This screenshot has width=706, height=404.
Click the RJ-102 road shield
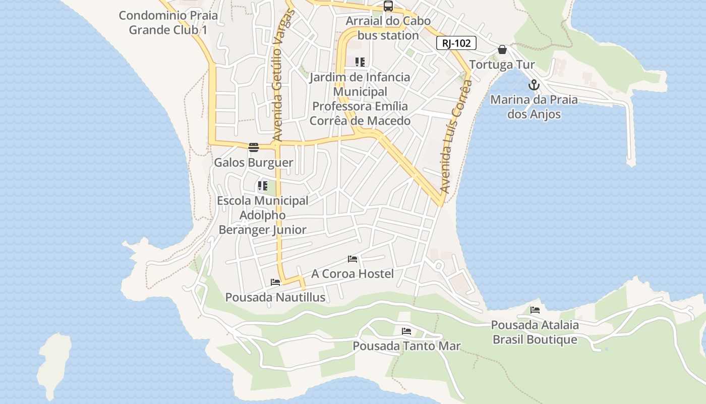point(456,43)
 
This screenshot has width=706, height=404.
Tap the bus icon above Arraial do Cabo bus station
point(388,7)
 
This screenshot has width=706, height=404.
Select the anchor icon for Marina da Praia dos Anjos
point(534,85)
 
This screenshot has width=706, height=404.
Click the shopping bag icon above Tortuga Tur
point(502,49)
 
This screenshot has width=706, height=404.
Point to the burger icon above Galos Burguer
point(253,147)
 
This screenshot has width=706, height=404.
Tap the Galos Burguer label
point(253,163)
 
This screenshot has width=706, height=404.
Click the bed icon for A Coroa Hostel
point(352,259)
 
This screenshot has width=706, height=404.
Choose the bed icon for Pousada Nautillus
point(275,282)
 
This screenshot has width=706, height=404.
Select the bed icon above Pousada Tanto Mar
point(406,331)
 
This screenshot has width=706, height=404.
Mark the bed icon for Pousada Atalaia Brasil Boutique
point(535,310)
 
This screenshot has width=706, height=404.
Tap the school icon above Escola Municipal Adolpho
point(262,185)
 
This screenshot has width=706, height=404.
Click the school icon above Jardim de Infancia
point(360,62)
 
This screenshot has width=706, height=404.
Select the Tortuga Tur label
point(502,65)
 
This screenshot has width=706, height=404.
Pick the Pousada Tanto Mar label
point(406,346)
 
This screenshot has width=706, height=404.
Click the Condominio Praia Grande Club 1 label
point(168,22)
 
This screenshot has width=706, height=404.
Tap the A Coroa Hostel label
point(352,274)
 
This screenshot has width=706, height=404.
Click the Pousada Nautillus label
point(275,297)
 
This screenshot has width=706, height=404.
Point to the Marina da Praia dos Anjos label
point(534,107)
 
